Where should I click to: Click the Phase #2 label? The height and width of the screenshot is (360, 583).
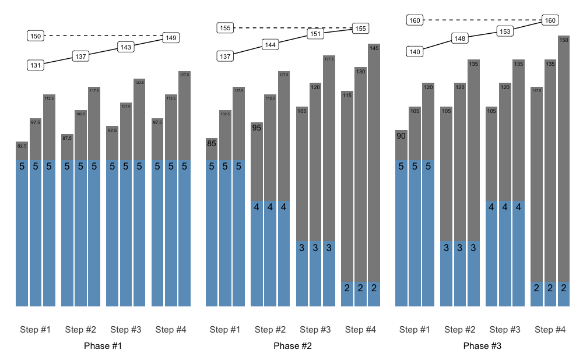pos(293,346)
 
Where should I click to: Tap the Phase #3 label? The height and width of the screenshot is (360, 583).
pos(482,346)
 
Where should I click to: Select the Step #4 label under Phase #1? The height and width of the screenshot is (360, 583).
pos(171,330)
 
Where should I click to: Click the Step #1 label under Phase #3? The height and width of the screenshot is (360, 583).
pos(415,330)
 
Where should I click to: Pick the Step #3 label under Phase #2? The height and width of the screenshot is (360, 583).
pos(315,330)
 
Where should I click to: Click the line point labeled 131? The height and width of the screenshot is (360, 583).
pos(36,65)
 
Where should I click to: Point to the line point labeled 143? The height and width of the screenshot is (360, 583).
pos(126,47)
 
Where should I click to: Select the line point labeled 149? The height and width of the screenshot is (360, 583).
pos(171,38)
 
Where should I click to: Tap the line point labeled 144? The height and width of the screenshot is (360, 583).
pos(270,45)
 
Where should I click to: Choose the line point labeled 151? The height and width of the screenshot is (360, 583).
pos(315,34)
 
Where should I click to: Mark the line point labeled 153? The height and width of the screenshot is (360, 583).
pos(505,31)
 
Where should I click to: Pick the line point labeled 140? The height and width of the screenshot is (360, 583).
pos(415,52)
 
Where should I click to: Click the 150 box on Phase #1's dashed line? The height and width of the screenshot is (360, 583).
pos(36,36)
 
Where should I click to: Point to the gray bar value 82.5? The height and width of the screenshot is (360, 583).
pos(22,146)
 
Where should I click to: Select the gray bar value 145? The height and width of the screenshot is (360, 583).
pos(374,48)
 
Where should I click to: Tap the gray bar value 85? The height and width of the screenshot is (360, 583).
pos(212,143)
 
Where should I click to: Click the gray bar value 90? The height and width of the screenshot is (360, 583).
pos(401,136)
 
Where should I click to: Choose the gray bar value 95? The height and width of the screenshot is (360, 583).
pos(257,128)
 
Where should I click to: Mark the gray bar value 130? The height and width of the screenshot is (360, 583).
pos(361,72)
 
